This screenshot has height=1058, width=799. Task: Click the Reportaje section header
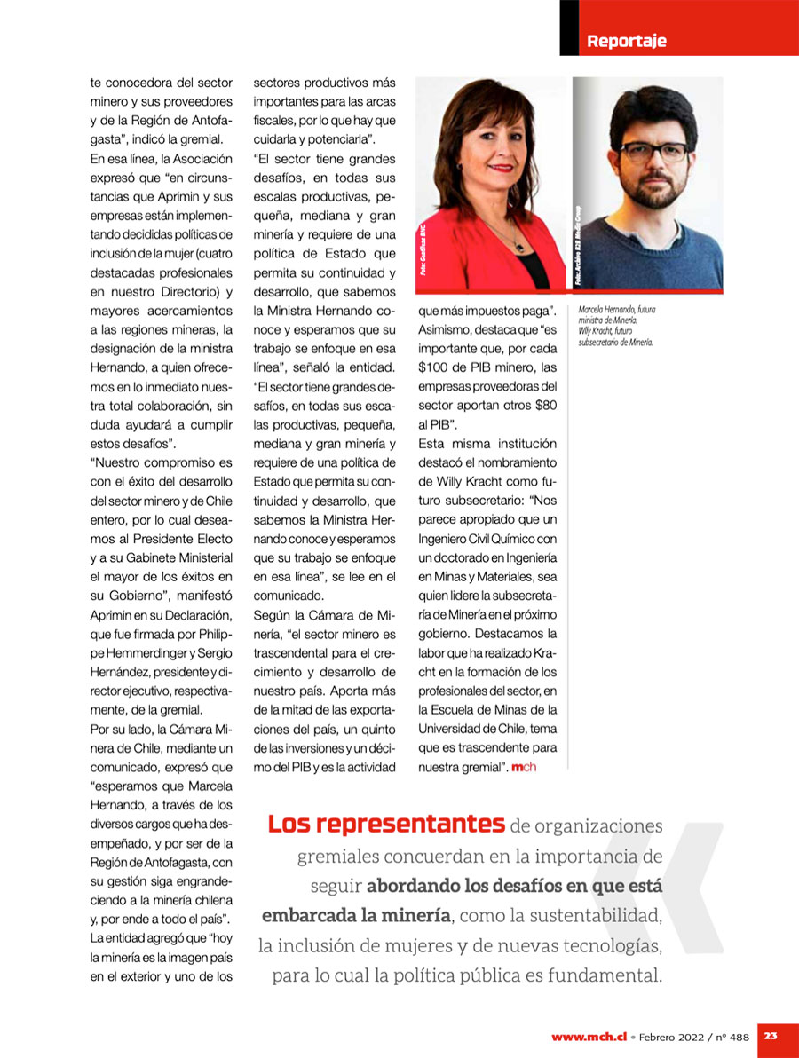coord(626,41)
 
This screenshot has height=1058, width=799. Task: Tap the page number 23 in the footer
coord(771,1036)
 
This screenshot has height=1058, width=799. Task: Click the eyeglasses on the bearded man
coord(653,151)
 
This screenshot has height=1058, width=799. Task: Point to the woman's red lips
coord(502,167)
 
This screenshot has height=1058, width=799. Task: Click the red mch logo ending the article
coord(524,766)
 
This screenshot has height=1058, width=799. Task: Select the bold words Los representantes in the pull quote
coord(385,825)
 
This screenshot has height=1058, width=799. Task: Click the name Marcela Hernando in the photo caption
coord(605,310)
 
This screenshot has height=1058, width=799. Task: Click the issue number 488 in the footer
coord(739,1037)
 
